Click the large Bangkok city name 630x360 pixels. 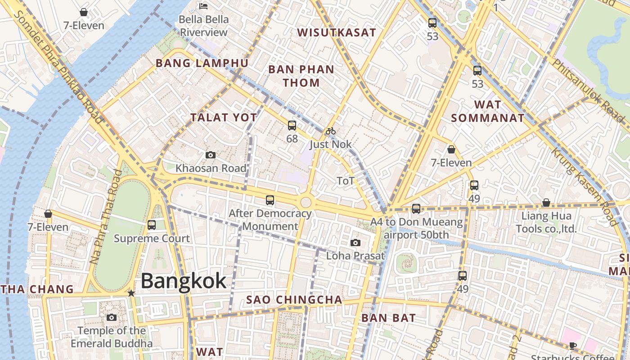184,281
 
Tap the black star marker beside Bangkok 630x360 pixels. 131,293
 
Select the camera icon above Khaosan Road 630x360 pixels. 210,155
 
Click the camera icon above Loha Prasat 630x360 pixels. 355,243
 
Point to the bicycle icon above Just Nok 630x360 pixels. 331,131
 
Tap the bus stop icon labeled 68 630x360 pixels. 292,126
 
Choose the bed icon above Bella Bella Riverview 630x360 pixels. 203,6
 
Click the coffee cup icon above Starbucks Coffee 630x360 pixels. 572,346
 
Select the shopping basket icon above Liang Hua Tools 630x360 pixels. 546,203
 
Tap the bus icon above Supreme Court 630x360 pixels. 152,225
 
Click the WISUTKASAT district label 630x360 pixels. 337,32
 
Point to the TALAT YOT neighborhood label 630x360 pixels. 224,117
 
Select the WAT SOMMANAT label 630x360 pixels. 488,111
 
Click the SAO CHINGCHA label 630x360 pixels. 294,300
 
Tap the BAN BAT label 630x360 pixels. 389,318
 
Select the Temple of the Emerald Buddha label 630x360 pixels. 112,337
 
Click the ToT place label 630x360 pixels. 346,181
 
